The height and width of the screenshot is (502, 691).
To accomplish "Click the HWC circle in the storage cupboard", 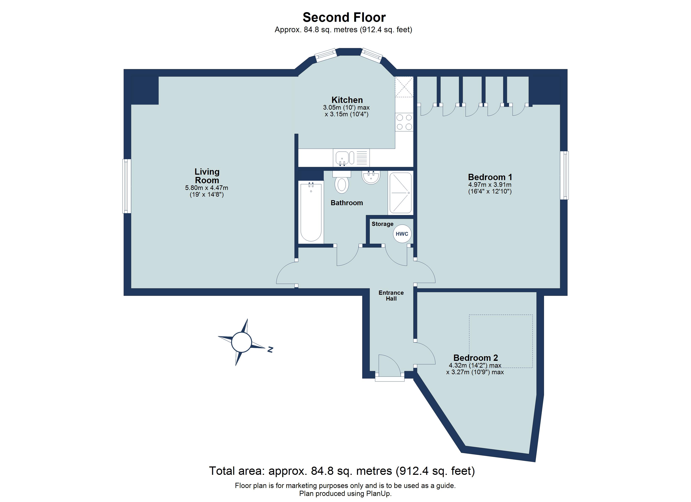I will (x=402, y=234).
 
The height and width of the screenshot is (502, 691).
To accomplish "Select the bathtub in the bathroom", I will (x=311, y=212).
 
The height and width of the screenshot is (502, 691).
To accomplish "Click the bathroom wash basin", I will (x=371, y=177).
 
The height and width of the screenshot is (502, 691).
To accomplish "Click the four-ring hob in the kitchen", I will (x=404, y=122).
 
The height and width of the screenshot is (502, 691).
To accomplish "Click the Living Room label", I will (x=207, y=176).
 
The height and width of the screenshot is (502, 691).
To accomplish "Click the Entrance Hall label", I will (x=391, y=295).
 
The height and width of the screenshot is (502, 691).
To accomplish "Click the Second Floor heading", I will (x=344, y=17).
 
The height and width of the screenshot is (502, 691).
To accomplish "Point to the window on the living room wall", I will (x=126, y=186).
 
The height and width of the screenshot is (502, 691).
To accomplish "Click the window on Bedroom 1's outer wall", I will (x=564, y=175).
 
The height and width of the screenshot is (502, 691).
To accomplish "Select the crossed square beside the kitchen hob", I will (x=404, y=87).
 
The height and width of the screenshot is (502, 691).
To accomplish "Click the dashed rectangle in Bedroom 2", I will (x=501, y=341).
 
